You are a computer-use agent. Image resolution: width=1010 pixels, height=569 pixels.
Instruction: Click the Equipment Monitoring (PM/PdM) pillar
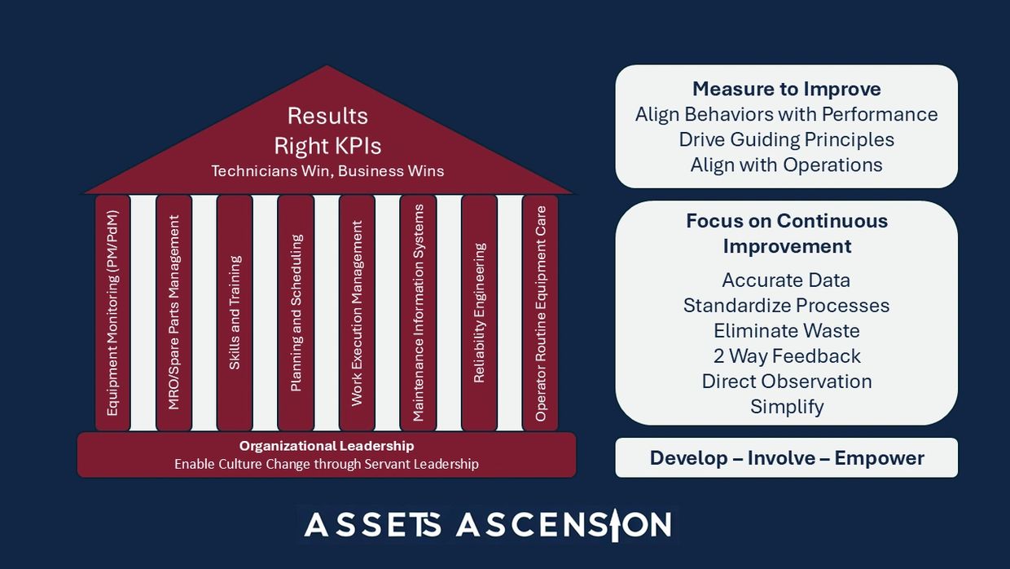(112, 313)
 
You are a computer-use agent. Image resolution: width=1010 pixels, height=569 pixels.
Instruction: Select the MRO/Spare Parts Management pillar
(173, 313)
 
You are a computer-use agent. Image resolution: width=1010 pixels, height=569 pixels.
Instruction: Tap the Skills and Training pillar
(235, 313)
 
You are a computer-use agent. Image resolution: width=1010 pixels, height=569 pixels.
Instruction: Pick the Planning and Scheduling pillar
(296, 313)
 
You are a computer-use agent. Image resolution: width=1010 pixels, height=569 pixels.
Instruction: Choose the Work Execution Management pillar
(357, 313)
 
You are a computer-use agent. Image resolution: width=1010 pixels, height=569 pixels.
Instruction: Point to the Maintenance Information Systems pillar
(418, 313)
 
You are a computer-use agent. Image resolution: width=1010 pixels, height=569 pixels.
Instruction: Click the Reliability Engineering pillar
(479, 313)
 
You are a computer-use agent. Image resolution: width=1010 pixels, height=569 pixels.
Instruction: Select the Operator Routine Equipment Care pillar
(540, 313)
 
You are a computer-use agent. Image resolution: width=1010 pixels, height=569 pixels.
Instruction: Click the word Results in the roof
(327, 116)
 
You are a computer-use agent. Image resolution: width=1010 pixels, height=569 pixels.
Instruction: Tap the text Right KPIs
(327, 146)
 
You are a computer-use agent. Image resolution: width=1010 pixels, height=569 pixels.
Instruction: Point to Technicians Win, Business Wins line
(327, 171)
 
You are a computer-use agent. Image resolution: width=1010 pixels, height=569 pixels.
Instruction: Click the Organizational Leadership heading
(327, 446)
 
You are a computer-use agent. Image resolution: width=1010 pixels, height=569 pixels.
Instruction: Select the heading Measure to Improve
(786, 89)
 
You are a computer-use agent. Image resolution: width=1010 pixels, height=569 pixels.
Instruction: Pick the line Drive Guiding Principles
(786, 139)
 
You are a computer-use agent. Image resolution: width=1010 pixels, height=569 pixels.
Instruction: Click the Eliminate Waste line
(786, 331)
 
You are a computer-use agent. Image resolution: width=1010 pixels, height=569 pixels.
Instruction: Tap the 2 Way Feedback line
(786, 356)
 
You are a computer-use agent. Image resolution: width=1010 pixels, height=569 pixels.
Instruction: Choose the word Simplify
(787, 407)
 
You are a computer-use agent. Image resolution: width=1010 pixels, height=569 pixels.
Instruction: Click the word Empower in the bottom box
(879, 458)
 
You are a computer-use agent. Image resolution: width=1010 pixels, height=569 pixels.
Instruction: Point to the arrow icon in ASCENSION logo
(616, 525)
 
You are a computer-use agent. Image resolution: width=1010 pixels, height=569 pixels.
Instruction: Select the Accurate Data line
(786, 280)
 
